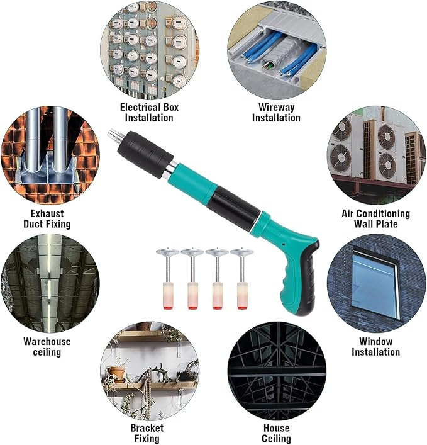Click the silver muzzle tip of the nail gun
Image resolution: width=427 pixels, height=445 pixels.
pos(114,135)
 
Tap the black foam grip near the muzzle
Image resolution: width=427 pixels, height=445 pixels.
pos(145,154)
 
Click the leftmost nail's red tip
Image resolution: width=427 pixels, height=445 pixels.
pos(168,307)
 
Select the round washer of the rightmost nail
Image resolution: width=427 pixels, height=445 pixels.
pos(241,252)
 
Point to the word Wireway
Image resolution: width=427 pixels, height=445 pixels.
pos(277,107)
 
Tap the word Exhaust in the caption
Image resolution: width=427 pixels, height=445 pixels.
pos(47,213)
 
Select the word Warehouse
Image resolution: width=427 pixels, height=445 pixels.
pos(47,341)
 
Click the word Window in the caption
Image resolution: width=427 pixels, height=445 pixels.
pos(375,341)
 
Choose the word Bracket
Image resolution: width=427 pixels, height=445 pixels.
pos(147,427)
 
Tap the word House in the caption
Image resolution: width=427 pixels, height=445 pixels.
pos(277,427)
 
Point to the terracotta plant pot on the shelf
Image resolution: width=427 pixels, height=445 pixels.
pos(116,373)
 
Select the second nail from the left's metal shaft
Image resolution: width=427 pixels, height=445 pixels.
pos(192,268)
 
